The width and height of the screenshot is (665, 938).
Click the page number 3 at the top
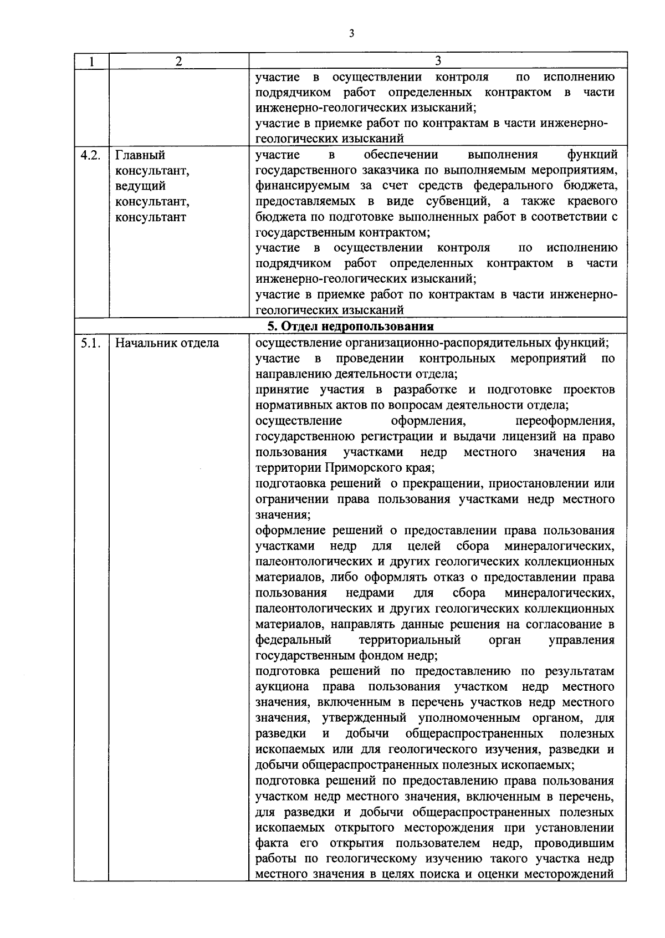click(x=351, y=34)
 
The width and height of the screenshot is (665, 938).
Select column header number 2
click(x=178, y=62)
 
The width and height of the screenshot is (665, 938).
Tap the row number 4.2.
click(x=90, y=155)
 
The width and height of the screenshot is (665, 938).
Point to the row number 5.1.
click(x=90, y=343)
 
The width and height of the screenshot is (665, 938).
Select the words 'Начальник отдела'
click(x=167, y=343)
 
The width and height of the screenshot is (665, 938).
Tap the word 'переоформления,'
click(x=565, y=421)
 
